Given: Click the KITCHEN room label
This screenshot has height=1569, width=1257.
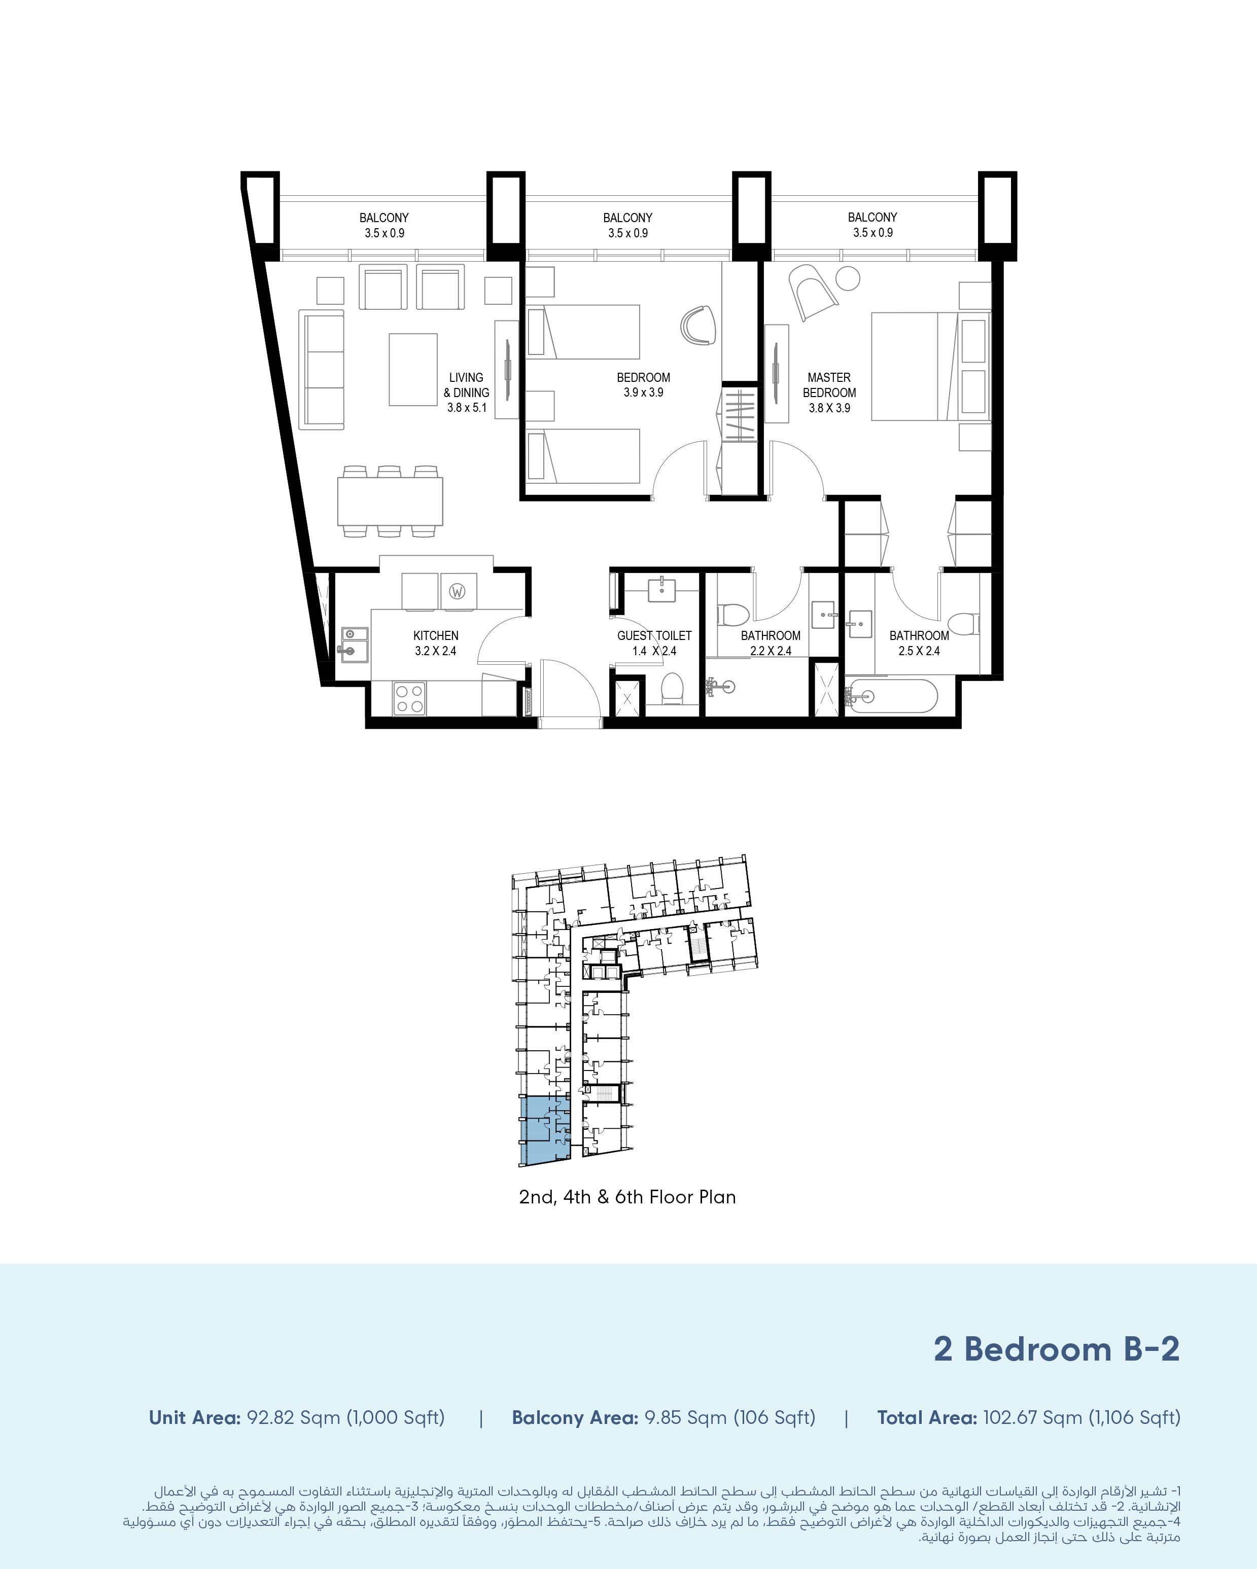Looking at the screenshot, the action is (436, 635).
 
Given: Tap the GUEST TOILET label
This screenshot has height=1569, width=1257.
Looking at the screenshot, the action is (654, 635).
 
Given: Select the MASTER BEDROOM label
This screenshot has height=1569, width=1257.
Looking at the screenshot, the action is (829, 385).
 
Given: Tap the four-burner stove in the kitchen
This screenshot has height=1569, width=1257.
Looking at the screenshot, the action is (408, 698).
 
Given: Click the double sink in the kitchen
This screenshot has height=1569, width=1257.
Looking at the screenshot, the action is (355, 643).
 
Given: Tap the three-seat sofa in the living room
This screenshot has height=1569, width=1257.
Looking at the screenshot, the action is (321, 370).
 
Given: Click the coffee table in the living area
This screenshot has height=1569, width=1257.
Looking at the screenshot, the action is (413, 370).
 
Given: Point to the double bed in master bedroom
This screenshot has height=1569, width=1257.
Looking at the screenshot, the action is (930, 366).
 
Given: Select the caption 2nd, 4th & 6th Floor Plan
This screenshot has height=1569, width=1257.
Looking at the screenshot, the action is (627, 1197).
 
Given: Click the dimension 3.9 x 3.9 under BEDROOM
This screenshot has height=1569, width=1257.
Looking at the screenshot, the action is (643, 393).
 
